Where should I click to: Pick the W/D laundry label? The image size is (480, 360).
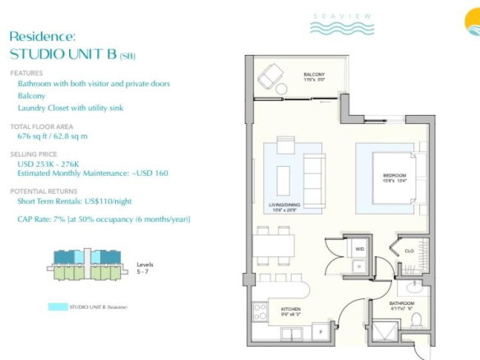359,247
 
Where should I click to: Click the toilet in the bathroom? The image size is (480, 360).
417,319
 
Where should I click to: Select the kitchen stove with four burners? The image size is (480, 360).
261,312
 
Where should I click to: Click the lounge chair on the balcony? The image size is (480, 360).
269,77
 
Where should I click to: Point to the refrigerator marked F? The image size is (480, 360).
320,332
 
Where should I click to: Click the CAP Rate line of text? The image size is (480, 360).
104,219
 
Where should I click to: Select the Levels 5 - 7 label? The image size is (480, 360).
145,267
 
